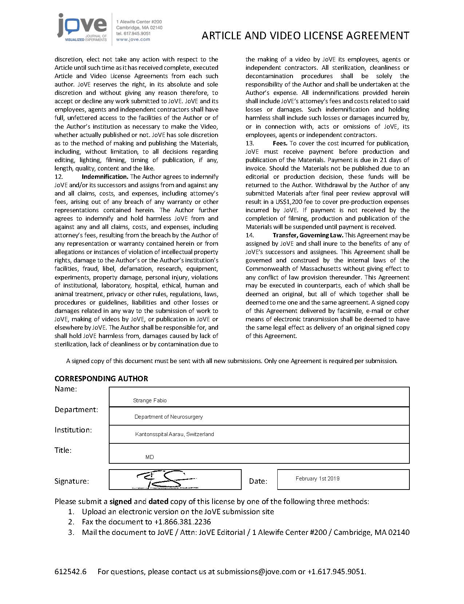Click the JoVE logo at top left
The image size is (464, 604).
coord(82,28)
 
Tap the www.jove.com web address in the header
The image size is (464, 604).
coord(133,39)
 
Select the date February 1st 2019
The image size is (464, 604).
coord(317,479)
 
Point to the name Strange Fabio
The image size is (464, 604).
coord(150,400)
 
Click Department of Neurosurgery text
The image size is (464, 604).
coord(168,417)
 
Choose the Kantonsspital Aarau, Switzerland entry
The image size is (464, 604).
coord(174,434)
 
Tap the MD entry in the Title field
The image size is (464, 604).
coord(150,457)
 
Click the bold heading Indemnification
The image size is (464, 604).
coord(105,177)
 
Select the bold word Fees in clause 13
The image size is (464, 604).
coord(280,143)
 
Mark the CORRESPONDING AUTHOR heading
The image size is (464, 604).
coord(101,379)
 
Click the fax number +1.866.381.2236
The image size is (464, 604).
coord(182,522)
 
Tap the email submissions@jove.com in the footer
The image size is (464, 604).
coord(256,572)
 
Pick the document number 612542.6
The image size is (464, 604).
coord(70,572)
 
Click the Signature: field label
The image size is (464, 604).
coord(72,481)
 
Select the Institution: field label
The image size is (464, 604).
coord(73,430)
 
